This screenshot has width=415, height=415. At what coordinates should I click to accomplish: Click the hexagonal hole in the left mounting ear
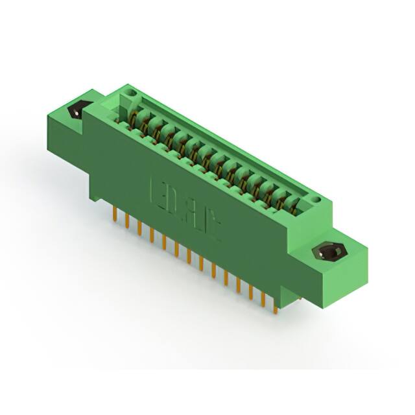coord(77,111)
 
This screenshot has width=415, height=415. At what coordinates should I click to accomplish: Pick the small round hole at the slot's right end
coord(316,201)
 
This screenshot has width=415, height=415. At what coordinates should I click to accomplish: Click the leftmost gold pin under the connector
coord(115,213)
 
